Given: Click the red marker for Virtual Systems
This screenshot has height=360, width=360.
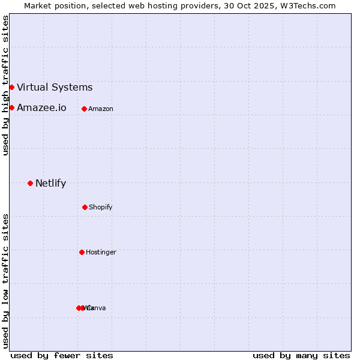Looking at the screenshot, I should coord(11,87).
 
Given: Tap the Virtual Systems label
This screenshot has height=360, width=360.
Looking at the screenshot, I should coord(55,88).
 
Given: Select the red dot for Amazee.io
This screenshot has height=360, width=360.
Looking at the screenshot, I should coord(11,107).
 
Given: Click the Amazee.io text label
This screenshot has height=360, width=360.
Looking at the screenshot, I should coord(41,108).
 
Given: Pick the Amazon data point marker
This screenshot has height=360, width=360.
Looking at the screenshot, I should coord(84,109).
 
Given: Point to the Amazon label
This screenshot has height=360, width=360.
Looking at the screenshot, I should coord(101,109).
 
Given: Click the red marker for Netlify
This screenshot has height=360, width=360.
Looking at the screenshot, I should coord(30,183).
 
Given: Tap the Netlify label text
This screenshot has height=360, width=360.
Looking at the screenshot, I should coord(50,184).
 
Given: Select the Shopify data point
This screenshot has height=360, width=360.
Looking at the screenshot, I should coord(85,207).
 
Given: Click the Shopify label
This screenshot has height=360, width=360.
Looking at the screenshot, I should coord(101,207).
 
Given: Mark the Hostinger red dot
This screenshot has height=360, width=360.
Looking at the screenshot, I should coord(82,252).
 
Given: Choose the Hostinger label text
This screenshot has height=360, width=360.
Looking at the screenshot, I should coord(101,252).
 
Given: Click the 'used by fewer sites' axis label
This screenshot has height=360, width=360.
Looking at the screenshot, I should coord(62,355).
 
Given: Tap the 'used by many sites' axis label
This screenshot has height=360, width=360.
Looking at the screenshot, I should coord(301,355).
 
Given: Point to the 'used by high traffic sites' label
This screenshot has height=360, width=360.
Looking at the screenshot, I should coord(5,85).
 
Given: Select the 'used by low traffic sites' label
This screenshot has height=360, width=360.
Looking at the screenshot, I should coord(5,281).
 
